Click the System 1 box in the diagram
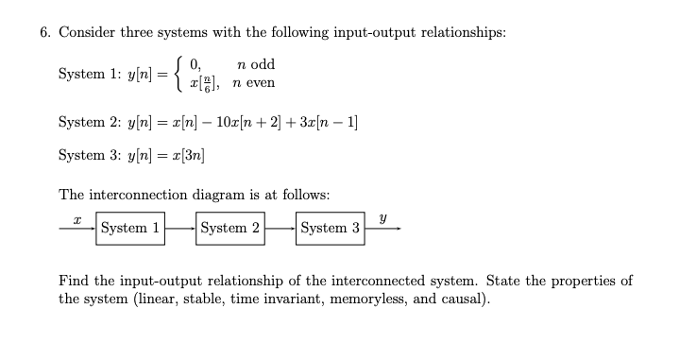130,228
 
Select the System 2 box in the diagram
229,228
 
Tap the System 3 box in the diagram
330,228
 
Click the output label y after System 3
382,216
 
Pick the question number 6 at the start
44,31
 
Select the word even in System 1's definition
260,82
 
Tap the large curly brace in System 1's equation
175,74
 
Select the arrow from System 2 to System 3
280,228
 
